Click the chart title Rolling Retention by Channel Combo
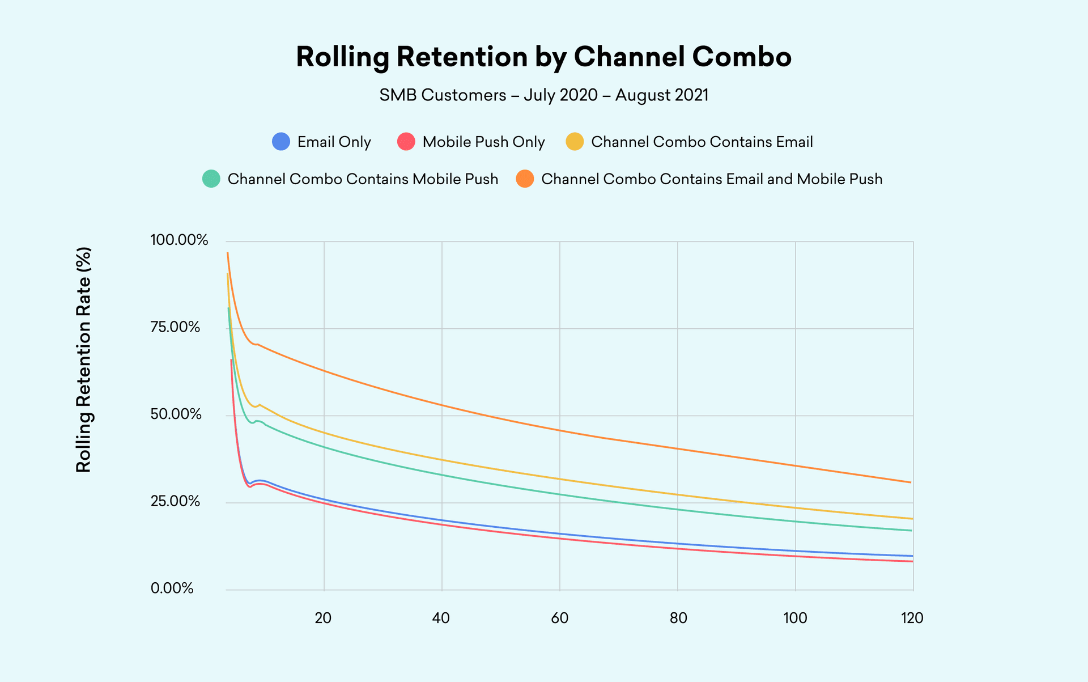[543, 57]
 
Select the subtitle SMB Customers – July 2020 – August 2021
[543, 95]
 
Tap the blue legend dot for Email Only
[281, 142]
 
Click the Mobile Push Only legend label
[483, 142]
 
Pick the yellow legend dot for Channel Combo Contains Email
[575, 142]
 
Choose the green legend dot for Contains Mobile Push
[211, 179]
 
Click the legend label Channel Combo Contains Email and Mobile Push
[712, 179]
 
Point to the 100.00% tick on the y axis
[179, 240]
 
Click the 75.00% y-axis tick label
[175, 327]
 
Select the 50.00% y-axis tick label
[176, 414]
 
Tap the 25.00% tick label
[175, 501]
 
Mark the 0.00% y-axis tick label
[172, 588]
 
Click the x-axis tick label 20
[323, 618]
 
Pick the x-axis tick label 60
[559, 618]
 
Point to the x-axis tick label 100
[795, 618]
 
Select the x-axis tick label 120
[912, 618]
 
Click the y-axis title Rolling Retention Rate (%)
[84, 359]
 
